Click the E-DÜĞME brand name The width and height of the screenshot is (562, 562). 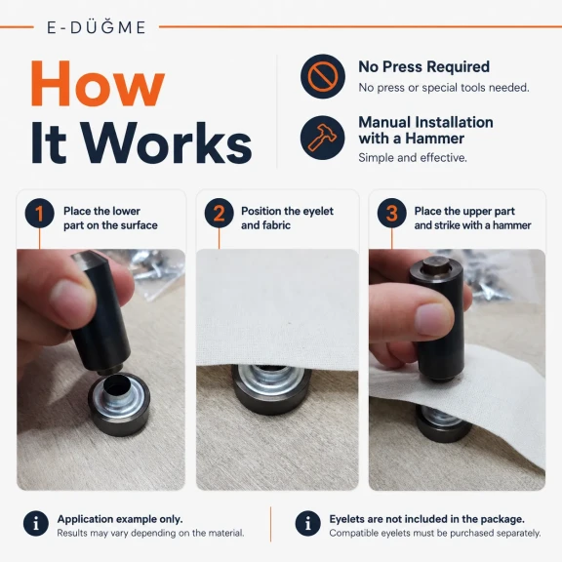click(97, 27)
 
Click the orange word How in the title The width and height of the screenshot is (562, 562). click(98, 84)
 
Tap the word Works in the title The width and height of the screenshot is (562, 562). click(167, 143)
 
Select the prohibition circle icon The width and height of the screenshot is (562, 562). click(323, 76)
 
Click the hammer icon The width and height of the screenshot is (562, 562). click(323, 138)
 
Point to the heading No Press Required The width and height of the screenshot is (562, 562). click(424, 67)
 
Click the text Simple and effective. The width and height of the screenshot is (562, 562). click(413, 158)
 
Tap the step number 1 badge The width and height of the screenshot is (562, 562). click(39, 214)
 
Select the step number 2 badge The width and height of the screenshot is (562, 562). click(219, 214)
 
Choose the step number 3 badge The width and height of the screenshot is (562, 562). click(392, 214)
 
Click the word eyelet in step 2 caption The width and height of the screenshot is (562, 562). click(318, 212)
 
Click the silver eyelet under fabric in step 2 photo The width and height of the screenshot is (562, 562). click(271, 381)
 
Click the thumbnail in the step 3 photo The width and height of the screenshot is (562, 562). click(432, 319)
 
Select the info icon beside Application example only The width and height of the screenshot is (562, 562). click(36, 524)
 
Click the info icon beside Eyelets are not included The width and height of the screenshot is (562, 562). click(308, 524)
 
